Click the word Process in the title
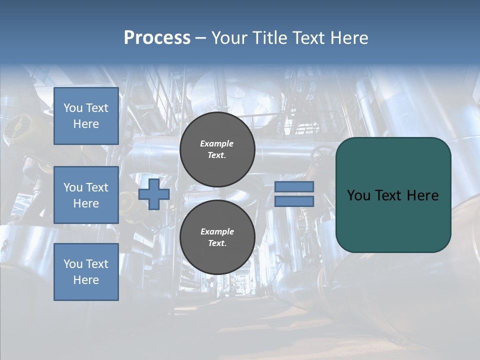(157, 38)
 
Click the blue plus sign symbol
(154, 194)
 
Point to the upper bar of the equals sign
(294, 186)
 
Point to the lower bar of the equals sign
(294, 201)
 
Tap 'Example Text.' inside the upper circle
(217, 149)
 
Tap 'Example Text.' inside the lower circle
(217, 237)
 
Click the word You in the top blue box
(72, 108)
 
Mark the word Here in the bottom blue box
(86, 280)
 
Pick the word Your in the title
(229, 38)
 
